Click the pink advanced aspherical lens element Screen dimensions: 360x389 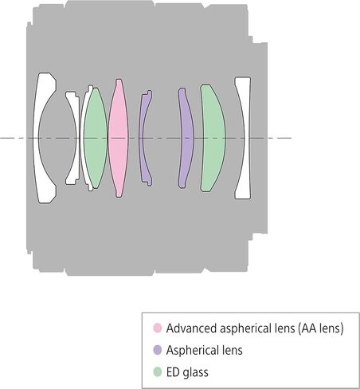118,138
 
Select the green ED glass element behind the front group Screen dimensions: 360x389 96,138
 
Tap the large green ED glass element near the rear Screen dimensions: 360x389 213,138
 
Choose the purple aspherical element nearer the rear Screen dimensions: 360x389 186,138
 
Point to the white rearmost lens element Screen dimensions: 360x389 246,138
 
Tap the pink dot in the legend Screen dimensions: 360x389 158,328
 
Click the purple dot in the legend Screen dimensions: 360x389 158,350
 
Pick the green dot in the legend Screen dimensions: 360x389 158,371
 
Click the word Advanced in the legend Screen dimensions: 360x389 191,328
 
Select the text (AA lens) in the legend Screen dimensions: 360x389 321,328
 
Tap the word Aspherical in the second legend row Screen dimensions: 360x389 194,351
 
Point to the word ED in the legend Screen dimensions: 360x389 173,372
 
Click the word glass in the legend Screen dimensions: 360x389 195,372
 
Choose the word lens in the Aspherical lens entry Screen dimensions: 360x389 233,350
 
